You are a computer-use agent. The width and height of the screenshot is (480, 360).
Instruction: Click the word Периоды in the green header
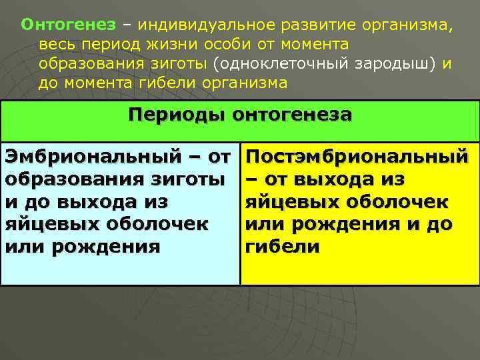(x=177, y=115)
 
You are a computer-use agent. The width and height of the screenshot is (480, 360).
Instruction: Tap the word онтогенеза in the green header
(x=293, y=115)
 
